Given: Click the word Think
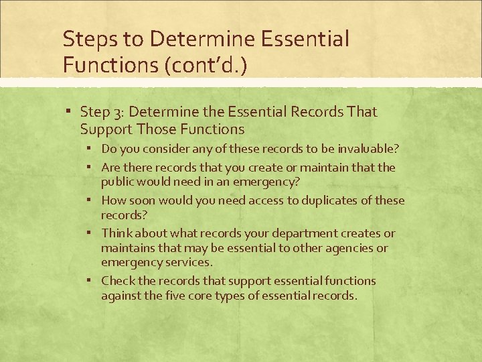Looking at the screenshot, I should [x=117, y=233].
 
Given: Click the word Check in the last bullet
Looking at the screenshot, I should [x=118, y=281].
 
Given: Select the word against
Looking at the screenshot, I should [x=121, y=296].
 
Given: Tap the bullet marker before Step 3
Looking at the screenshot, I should [x=70, y=113].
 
